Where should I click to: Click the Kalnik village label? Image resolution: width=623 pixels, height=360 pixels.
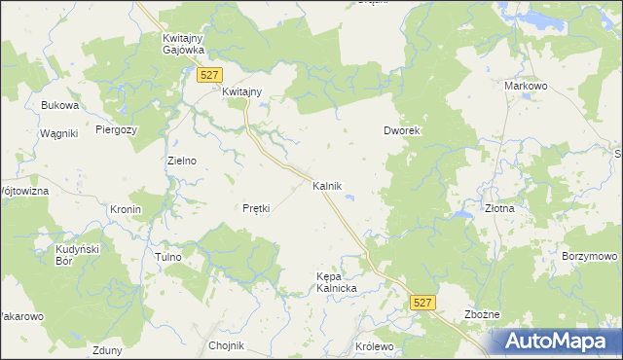326,185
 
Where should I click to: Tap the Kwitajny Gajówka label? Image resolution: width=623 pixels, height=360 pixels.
180,44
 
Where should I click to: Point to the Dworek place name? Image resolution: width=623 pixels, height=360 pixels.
401,130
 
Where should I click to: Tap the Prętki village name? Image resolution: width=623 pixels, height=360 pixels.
255,208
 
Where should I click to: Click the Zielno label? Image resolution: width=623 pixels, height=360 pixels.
182,161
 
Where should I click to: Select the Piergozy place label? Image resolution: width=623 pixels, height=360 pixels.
117,128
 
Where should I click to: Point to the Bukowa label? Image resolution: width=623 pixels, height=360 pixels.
59,105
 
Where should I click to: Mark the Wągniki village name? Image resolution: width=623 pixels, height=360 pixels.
58,133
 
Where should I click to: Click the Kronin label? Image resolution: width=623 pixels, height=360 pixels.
126,209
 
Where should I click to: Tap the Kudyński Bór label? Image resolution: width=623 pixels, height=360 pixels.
72,255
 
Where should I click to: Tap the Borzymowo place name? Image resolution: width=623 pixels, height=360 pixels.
589,256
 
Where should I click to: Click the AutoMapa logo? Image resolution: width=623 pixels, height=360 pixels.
555,341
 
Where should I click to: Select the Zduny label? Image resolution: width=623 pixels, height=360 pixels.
104,350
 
